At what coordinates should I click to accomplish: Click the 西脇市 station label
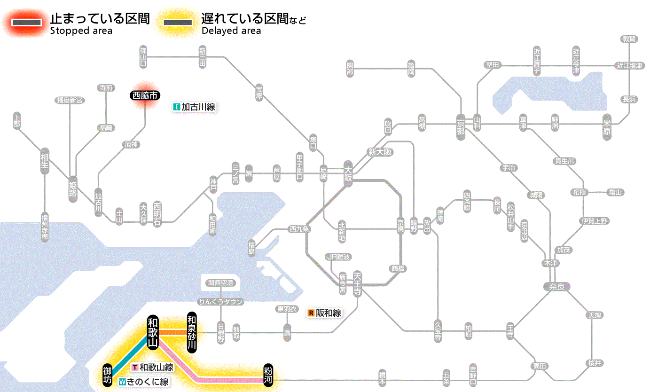coord(145,95)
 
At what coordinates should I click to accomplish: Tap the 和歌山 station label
coord(153,332)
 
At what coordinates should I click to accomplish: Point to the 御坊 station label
coord(108,374)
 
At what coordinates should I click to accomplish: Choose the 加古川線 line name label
coord(194,107)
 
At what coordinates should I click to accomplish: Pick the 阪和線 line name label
coord(325,313)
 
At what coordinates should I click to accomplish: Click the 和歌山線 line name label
coord(153,368)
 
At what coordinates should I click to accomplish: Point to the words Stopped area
coord(81,31)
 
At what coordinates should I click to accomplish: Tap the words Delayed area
coord(231,31)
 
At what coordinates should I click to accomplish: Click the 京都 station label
coord(461,125)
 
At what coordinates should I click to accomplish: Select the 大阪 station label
coord(348,174)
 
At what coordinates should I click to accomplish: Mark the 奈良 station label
coord(556,287)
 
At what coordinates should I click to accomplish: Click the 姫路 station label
coord(73,189)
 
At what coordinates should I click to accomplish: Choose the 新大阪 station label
coord(380,152)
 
